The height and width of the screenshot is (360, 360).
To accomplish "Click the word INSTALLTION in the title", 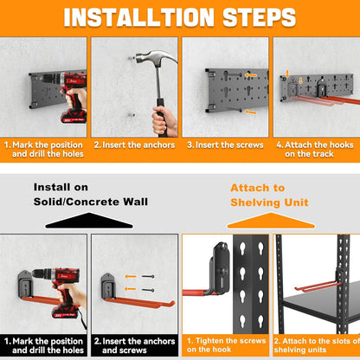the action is tap(139, 17).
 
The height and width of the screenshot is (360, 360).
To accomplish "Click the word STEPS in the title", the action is tap(260, 17).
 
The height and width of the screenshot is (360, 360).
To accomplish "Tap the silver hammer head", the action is tap(153, 59).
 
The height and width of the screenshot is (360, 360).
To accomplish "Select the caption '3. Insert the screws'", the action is tap(225, 145).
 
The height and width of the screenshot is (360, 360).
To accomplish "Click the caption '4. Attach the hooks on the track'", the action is tap(315, 149).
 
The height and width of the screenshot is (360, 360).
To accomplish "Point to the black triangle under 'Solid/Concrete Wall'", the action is tap(89, 221).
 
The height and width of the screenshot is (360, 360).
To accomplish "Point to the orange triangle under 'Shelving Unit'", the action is tap(271, 221).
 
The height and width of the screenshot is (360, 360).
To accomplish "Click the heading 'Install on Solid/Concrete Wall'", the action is tap(91, 195).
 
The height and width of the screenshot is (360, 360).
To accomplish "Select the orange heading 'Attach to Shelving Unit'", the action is tap(269, 196).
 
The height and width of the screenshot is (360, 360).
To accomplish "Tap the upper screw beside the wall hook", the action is tap(148, 276).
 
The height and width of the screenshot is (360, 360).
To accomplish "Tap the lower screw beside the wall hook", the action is tap(148, 290).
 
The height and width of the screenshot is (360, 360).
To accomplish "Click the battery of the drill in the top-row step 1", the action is tap(74, 117).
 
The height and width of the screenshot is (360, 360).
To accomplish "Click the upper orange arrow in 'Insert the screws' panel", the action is tap(251, 75).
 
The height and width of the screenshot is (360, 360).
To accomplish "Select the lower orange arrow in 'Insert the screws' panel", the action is tap(251, 112).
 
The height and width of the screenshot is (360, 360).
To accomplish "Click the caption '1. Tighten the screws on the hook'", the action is tap(226, 345).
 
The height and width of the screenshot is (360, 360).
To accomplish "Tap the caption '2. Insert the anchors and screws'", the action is tap(134, 345).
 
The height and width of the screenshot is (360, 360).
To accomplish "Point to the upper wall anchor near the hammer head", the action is tap(132, 58).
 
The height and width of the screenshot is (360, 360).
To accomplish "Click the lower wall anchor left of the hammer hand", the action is tap(132, 115).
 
